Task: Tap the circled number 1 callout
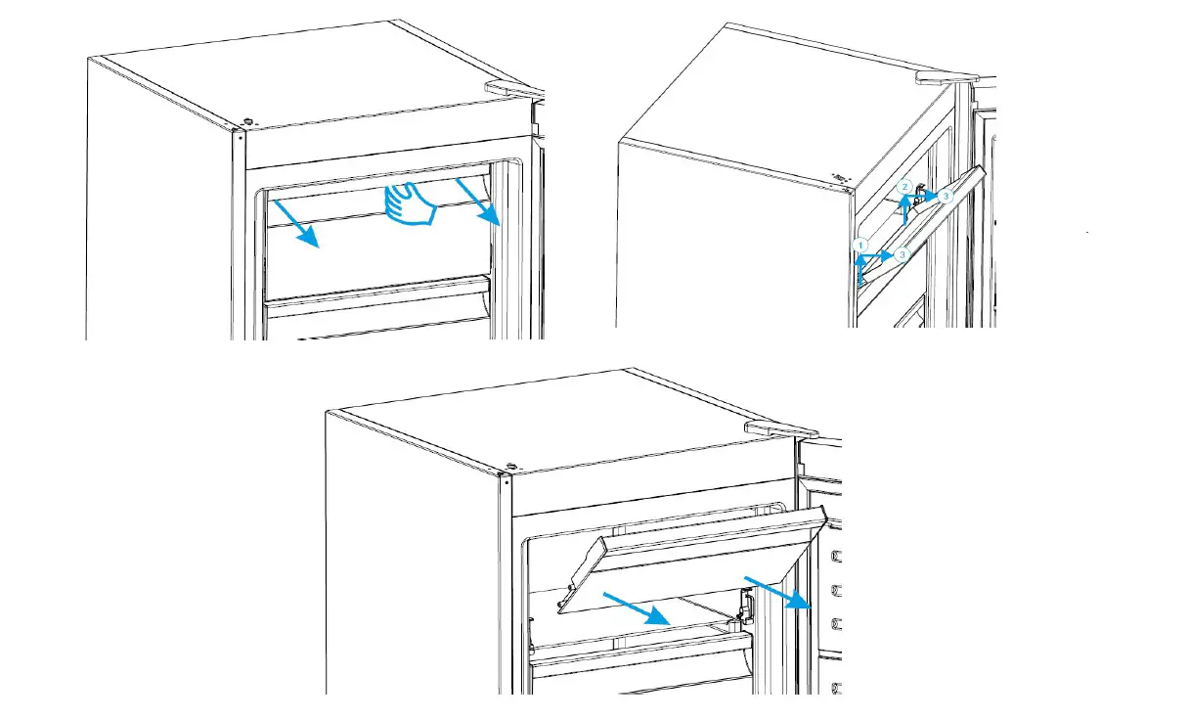click(x=860, y=244)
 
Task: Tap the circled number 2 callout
click(x=905, y=186)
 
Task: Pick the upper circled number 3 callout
click(x=945, y=197)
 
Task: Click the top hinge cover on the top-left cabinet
click(x=514, y=87)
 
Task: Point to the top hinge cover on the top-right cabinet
click(x=947, y=76)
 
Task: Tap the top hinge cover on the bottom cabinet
click(x=780, y=427)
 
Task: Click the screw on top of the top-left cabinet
click(x=246, y=122)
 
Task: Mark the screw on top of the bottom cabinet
click(x=509, y=467)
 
